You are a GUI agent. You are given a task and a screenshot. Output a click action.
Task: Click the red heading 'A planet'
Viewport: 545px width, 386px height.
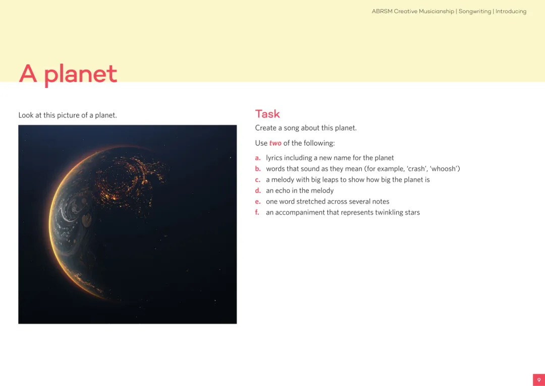(x=68, y=74)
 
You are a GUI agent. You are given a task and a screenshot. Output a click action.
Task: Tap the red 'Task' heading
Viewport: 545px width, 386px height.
(x=267, y=114)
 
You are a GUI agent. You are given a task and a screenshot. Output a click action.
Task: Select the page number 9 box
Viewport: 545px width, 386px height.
(x=539, y=380)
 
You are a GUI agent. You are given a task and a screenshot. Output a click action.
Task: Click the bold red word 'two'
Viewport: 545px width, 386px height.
(x=276, y=143)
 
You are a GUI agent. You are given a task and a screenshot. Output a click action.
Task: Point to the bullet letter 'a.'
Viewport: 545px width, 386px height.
(x=258, y=158)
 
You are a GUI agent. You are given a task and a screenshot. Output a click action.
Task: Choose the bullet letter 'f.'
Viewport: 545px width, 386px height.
(x=257, y=212)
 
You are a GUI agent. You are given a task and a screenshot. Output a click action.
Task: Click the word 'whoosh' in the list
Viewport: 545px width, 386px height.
(x=443, y=169)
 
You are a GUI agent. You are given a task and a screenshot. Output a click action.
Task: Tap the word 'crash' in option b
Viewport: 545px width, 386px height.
(x=415, y=169)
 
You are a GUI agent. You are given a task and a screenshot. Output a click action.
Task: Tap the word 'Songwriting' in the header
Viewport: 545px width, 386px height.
(x=475, y=12)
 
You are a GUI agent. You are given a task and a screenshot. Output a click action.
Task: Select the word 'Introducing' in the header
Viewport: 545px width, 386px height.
(x=511, y=12)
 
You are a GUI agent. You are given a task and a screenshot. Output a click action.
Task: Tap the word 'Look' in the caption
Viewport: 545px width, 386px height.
(x=26, y=115)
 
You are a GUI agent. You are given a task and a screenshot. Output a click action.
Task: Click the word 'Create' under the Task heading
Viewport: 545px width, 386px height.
(x=266, y=128)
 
